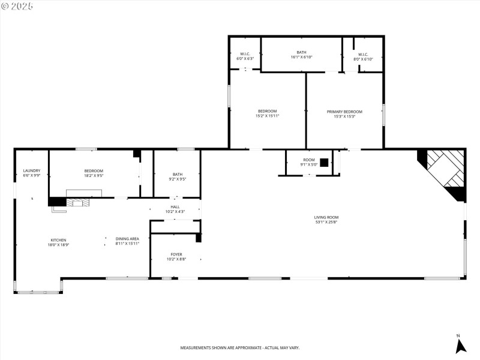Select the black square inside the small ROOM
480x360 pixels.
click(324, 162)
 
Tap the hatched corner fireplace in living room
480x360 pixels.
click(445, 170)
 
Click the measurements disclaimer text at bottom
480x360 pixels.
click(240, 348)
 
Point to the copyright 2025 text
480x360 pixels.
click(18, 6)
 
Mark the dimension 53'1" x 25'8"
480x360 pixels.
click(326, 223)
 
